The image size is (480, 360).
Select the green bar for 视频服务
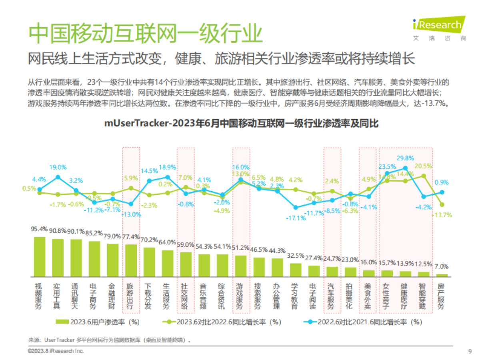40,257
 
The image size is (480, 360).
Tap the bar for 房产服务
442,275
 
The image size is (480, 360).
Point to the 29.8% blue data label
405,158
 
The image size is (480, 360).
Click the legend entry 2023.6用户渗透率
98,322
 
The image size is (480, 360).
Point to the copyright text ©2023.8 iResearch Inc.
56,351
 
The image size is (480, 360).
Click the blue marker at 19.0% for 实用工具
58,177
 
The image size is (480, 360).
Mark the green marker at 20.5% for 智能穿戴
424,176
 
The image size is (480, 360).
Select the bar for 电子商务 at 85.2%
94,259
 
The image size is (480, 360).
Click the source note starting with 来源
108,340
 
